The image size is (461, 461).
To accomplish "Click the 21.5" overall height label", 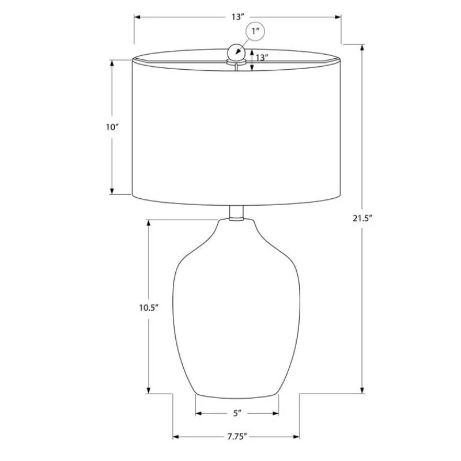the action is coord(362,218).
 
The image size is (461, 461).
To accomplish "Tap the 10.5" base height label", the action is coord(149,308).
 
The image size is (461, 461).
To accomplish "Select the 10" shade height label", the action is coord(112,127).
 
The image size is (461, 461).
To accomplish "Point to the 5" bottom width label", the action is coord(237,413).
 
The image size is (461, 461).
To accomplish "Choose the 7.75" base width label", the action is coord(237,437).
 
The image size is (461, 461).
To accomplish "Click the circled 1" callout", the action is coord(255,31).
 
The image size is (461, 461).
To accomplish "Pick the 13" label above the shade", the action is coord(237,17).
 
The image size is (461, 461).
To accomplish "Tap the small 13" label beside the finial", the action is coord(262,57).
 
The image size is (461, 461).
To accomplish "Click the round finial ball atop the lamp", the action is coord(236,52).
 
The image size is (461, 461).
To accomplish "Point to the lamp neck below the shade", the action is coord(236,213).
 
